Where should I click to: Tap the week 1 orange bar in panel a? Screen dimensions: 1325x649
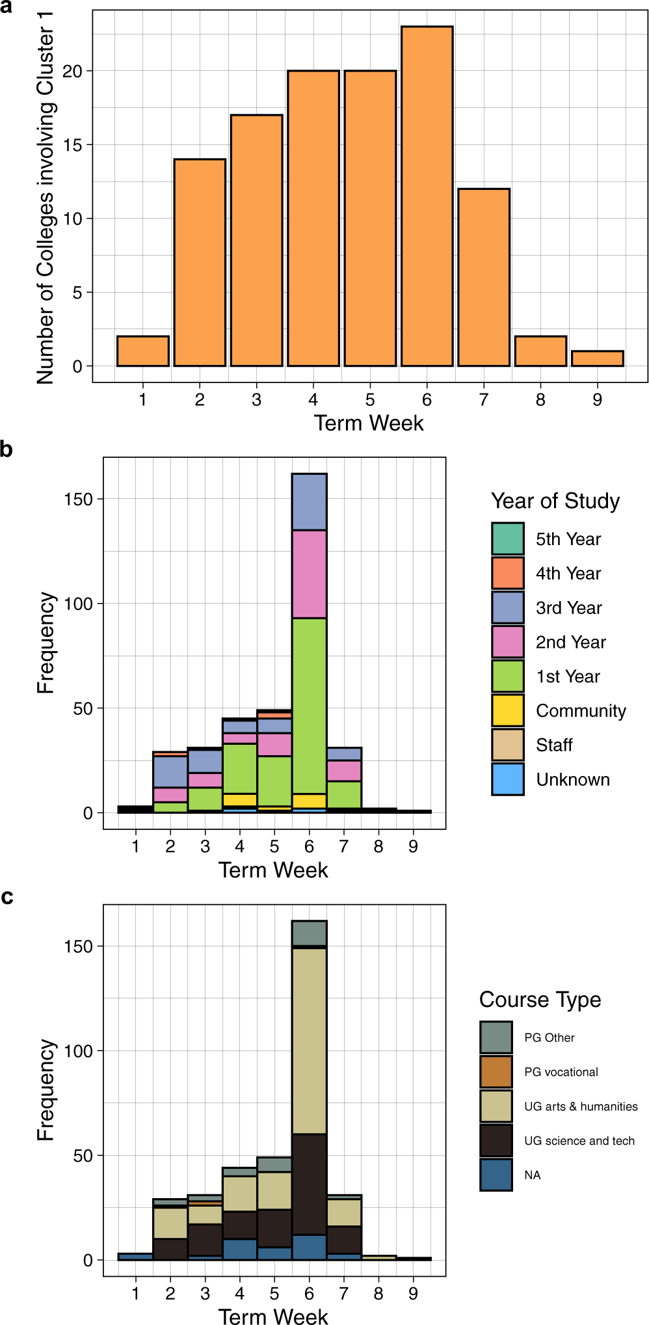(142, 351)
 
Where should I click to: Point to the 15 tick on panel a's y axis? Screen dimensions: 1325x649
(73, 145)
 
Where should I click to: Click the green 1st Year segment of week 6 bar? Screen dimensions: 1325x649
(309, 706)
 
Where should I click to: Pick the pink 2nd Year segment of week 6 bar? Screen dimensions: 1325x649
(309, 574)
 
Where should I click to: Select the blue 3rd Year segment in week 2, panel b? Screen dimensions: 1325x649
(170, 771)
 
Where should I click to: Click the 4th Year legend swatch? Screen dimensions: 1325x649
(507, 573)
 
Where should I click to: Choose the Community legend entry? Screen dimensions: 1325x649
(580, 711)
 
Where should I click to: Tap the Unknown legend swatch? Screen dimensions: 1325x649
(507, 779)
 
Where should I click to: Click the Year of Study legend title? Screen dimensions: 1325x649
(555, 501)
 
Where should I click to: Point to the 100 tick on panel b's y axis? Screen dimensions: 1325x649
(78, 604)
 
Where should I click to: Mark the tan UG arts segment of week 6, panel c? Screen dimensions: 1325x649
(309, 1041)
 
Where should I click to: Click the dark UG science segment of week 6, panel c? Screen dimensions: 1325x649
(309, 1184)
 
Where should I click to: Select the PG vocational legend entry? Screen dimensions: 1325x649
(561, 1072)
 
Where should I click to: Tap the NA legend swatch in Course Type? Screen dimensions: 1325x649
(496, 1175)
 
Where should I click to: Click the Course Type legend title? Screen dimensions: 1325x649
(540, 1000)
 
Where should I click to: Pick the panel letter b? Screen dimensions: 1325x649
(7, 449)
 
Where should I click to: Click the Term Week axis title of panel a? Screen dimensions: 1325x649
(369, 423)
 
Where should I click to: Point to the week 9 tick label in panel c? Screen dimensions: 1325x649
(413, 1294)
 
